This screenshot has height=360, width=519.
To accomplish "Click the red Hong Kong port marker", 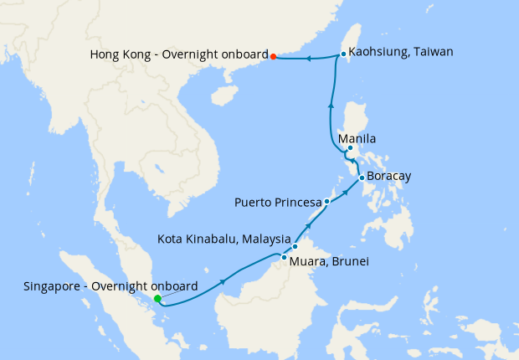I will (x=274, y=56).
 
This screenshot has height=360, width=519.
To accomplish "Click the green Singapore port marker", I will (x=157, y=299).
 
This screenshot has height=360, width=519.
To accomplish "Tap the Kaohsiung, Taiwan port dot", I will (x=343, y=54).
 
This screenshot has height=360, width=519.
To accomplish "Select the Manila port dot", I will (x=350, y=149).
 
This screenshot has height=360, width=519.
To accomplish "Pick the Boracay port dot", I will (x=361, y=177).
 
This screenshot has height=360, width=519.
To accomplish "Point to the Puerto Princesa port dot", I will (x=327, y=202).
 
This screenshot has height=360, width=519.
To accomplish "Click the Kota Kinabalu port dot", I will (x=295, y=246).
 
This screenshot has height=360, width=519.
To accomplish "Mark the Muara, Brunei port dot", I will (x=285, y=257).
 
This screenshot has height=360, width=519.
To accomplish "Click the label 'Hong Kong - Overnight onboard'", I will (x=177, y=55).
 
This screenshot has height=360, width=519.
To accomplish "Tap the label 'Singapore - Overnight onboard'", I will (x=111, y=285).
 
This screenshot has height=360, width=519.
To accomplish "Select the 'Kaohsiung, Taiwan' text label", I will (x=400, y=52).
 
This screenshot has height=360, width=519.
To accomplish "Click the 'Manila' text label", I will (x=357, y=139).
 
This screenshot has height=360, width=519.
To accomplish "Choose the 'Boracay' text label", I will (x=389, y=177).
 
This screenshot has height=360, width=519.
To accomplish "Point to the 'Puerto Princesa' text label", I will (x=278, y=203).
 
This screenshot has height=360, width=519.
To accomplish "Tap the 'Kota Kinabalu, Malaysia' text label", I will (x=224, y=239).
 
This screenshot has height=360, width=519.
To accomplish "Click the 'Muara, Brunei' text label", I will (x=330, y=261).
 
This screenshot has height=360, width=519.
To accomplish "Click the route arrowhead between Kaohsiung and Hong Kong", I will (x=308, y=59).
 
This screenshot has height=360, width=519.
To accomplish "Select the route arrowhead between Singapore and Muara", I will (x=223, y=282).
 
